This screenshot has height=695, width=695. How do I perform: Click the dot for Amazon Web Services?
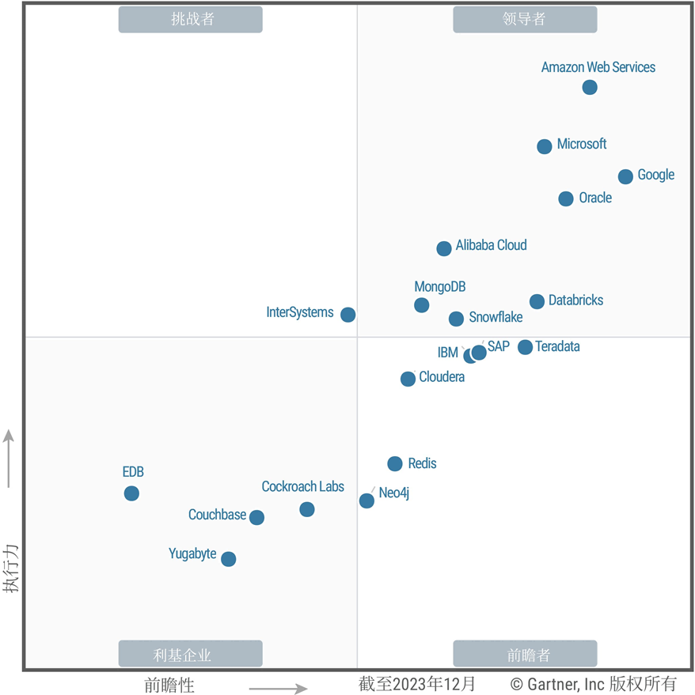pyautogui.click(x=590, y=87)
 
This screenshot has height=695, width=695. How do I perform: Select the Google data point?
pyautogui.click(x=625, y=176)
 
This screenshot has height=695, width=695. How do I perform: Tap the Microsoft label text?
pyautogui.click(x=582, y=144)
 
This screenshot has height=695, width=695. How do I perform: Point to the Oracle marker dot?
pyautogui.click(x=566, y=198)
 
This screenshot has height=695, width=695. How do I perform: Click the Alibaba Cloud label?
pyautogui.click(x=491, y=245)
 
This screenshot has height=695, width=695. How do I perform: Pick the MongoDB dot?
pyautogui.click(x=422, y=305)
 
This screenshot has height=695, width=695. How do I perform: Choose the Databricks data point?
pyautogui.click(x=537, y=301)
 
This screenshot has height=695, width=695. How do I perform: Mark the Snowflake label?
pyautogui.click(x=496, y=317)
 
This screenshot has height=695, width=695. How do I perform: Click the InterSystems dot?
pyautogui.click(x=347, y=315)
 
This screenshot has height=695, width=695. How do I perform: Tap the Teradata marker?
pyautogui.click(x=525, y=347)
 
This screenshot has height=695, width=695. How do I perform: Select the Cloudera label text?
pyautogui.click(x=442, y=377)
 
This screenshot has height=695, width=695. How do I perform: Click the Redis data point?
pyautogui.click(x=395, y=464)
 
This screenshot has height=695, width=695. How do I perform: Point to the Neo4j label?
pyautogui.click(x=394, y=493)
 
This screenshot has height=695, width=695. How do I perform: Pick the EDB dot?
pyautogui.click(x=131, y=493)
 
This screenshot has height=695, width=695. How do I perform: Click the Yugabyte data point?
pyautogui.click(x=229, y=559)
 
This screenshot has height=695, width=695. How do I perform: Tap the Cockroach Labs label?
pyautogui.click(x=303, y=487)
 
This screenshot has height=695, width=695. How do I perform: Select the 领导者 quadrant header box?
pyautogui.click(x=525, y=20)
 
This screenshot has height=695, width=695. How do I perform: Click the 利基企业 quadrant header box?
pyautogui.click(x=190, y=654)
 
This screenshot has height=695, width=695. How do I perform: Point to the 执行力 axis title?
pyautogui.click(x=10, y=568)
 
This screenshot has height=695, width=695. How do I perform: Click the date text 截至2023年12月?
pyautogui.click(x=417, y=683)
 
